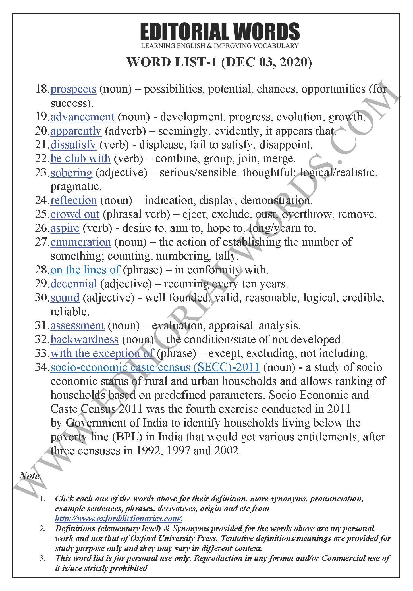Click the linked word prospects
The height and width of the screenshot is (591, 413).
pyautogui.click(x=73, y=89)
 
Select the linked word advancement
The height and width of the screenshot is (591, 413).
pyautogui.click(x=82, y=117)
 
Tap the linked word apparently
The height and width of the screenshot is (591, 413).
pyautogui.click(x=76, y=131)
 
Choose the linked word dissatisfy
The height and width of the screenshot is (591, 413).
pyautogui.click(x=73, y=145)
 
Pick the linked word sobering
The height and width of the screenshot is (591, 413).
pyautogui.click(x=71, y=173)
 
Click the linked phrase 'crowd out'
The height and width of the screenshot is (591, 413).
pyautogui.click(x=75, y=214)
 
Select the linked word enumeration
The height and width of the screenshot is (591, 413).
pyautogui.click(x=81, y=242)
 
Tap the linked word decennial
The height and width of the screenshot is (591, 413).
pyautogui.click(x=74, y=284)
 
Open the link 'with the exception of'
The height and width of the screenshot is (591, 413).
pyautogui.click(x=102, y=354)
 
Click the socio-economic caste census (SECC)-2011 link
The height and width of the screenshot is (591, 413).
pyautogui.click(x=155, y=367)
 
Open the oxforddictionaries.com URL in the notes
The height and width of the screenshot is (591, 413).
pyautogui.click(x=118, y=518)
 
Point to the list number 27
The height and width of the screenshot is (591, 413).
pyautogui.click(x=41, y=242)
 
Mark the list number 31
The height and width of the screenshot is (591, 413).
pyautogui.click(x=41, y=326)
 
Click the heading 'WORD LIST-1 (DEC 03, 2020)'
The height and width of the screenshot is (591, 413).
pyautogui.click(x=219, y=62)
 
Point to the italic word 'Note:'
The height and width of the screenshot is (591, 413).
pyautogui.click(x=31, y=476)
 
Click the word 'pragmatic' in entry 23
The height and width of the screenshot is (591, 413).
pyautogui.click(x=76, y=187)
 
